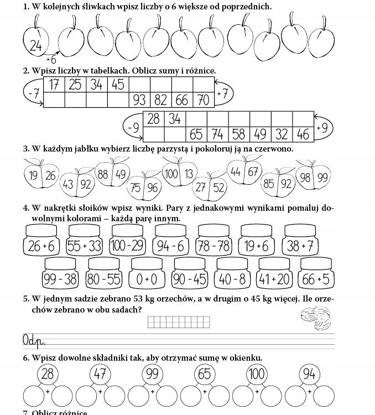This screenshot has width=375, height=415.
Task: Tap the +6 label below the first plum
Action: pyautogui.click(x=51, y=59)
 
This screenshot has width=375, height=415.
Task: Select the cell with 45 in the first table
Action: pyautogui.click(x=118, y=85)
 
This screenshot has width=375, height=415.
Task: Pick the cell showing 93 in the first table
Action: pyautogui.click(x=139, y=100)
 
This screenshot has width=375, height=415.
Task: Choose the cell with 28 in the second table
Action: pyautogui.click(x=154, y=119)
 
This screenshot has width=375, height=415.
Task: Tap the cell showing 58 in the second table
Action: pyautogui.click(x=238, y=134)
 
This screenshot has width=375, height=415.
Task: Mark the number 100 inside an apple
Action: pyautogui.click(x=171, y=174)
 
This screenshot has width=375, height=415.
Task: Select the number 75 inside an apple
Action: pyautogui.click(x=136, y=188)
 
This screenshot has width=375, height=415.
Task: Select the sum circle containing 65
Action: pyautogui.click(x=204, y=375)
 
